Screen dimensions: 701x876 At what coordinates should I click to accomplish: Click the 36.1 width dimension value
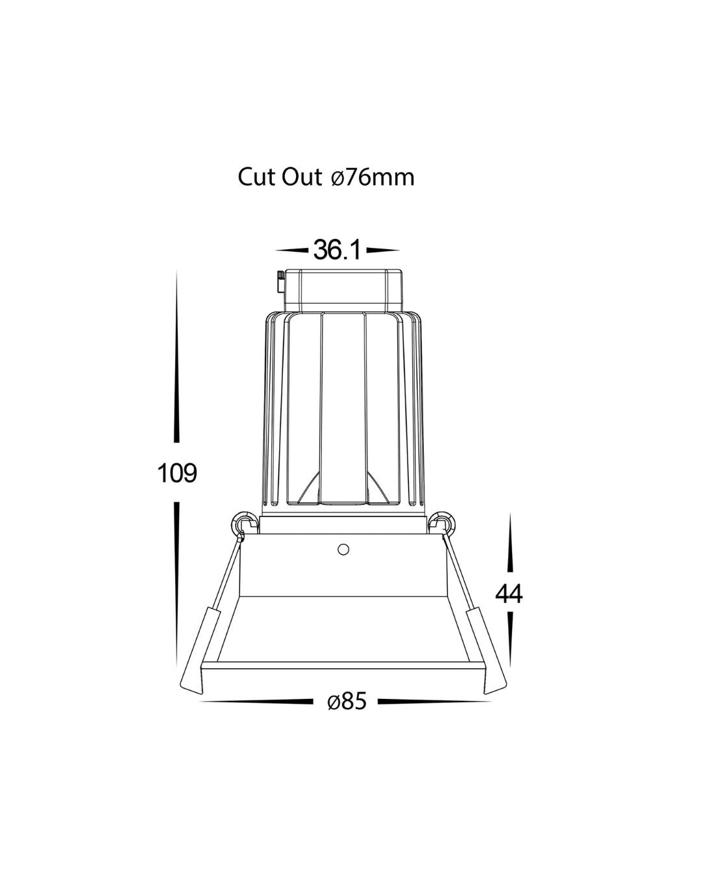(337, 250)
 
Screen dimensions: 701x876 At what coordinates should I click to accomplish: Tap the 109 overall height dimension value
(177, 472)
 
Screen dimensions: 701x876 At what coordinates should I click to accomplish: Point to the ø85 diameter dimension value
(347, 701)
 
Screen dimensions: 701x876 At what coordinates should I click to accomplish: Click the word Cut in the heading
(257, 177)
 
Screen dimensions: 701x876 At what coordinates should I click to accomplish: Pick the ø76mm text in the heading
(373, 178)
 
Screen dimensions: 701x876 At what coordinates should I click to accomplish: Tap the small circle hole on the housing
(343, 550)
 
